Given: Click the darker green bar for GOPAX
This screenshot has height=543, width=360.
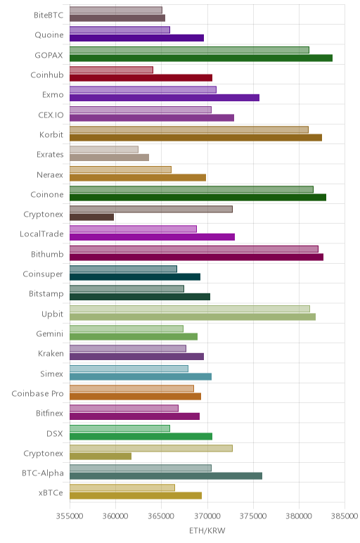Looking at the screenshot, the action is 201,58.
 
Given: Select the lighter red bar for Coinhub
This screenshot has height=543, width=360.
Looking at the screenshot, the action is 111,70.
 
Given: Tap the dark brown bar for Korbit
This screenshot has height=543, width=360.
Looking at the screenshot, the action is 195,138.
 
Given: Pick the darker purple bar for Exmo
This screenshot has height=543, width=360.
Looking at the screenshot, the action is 165,98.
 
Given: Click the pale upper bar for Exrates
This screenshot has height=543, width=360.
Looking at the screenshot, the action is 104,150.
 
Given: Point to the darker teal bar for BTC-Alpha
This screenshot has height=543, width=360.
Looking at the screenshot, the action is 166,476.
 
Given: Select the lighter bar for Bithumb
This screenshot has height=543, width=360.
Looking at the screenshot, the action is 194,249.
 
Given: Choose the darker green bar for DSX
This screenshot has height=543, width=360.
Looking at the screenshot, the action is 141,436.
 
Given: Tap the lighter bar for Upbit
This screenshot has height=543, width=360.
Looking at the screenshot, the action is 190,309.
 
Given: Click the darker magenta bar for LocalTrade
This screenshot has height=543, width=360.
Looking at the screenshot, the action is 152,237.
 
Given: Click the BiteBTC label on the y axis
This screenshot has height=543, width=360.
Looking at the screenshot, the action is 49,15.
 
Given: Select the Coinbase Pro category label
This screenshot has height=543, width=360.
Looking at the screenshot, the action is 37,394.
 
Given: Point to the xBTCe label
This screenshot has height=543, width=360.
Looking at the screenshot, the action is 51,493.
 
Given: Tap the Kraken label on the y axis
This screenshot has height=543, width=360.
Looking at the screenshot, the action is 51,354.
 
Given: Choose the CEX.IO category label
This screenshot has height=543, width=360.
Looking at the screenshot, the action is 51,115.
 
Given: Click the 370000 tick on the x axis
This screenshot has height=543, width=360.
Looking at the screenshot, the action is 207,516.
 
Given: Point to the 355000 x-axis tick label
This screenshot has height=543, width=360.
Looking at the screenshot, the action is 70,516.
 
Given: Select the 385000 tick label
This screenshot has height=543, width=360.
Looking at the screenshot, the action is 344,516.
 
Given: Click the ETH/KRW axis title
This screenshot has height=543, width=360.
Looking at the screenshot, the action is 207,531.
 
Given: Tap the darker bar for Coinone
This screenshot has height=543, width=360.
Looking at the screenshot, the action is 198,198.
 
